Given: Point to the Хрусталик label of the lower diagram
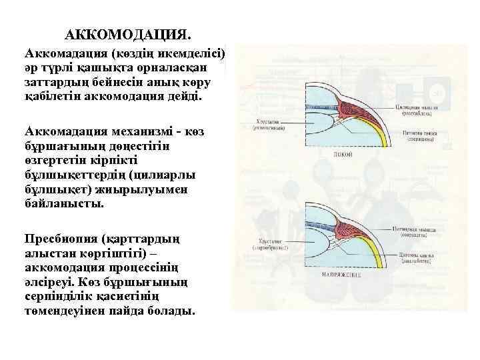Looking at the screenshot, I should [x=269, y=244].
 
